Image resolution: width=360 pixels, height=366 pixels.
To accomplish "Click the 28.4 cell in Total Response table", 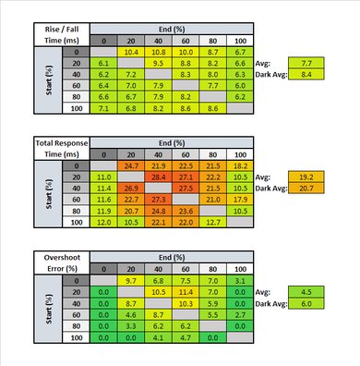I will click(158, 175).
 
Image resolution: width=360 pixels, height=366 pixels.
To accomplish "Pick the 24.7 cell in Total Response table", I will click(130, 164).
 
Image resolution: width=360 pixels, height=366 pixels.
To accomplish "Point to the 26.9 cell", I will click(130, 187).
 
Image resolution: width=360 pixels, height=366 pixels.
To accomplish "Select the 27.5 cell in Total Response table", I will click(185, 187).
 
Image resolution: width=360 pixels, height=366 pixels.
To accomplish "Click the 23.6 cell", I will click(185, 210).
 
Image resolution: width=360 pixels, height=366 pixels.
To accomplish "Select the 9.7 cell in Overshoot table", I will click(130, 280).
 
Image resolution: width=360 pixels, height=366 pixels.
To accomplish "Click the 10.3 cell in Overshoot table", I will click(185, 303).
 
